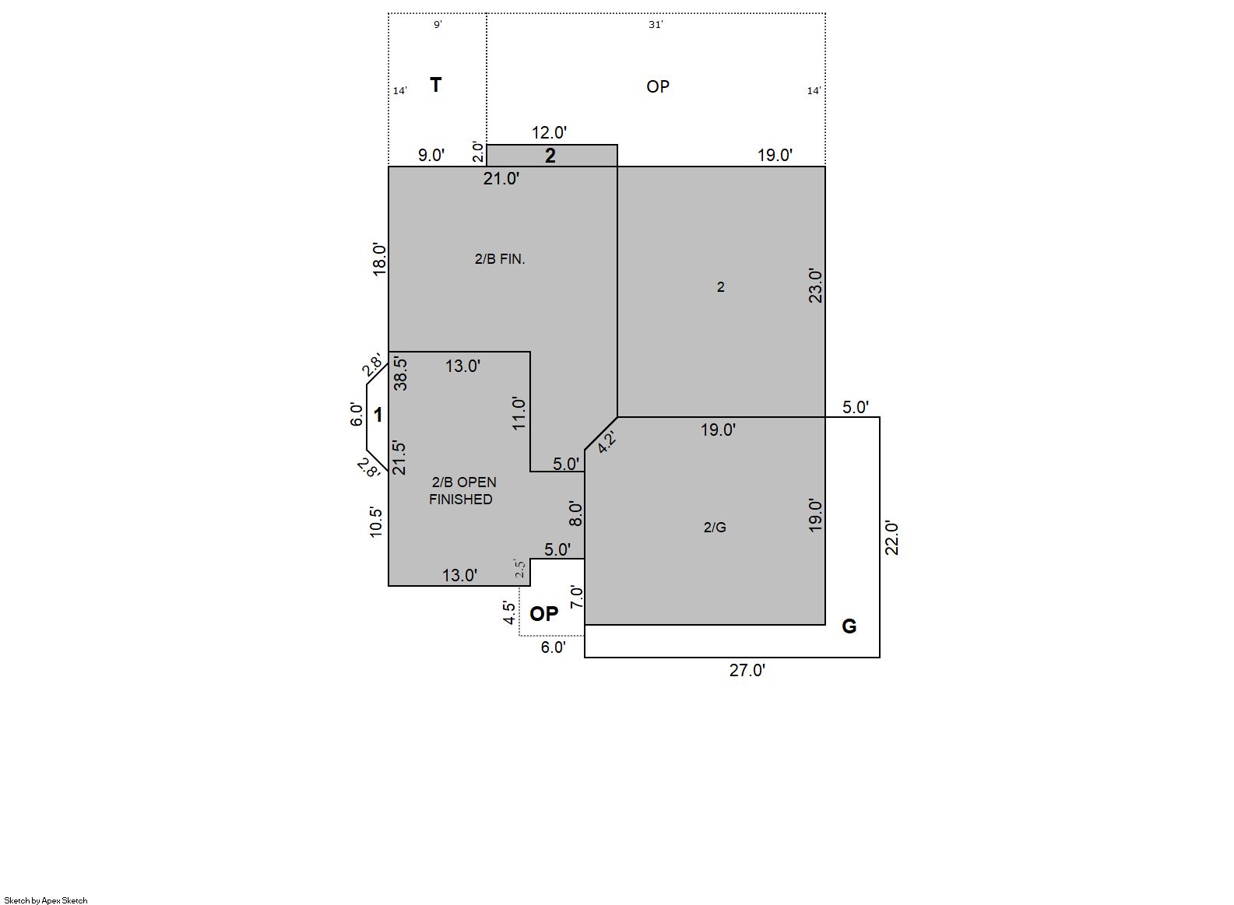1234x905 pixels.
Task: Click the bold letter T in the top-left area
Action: pyautogui.click(x=435, y=86)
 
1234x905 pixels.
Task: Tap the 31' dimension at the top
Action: pyautogui.click(x=656, y=25)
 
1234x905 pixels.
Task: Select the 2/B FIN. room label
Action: pyautogui.click(x=500, y=258)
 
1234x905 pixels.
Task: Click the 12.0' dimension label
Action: pyautogui.click(x=549, y=132)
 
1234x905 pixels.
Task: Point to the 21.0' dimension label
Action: pyautogui.click(x=501, y=178)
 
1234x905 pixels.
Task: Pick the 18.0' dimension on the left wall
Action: pyautogui.click(x=379, y=258)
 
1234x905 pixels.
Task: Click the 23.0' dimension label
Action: pyautogui.click(x=815, y=286)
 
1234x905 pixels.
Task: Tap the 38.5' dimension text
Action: pyautogui.click(x=401, y=374)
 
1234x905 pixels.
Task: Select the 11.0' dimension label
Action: pyautogui.click(x=519, y=413)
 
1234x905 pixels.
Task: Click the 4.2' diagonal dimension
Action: pyautogui.click(x=606, y=442)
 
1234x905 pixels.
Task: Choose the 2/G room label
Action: pyautogui.click(x=715, y=528)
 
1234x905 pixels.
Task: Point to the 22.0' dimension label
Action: pyautogui.click(x=891, y=538)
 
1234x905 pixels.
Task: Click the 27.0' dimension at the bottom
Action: pyautogui.click(x=747, y=670)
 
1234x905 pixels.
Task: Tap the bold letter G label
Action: pyautogui.click(x=849, y=626)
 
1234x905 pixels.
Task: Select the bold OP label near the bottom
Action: pyautogui.click(x=543, y=614)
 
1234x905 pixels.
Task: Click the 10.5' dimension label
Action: pyautogui.click(x=376, y=522)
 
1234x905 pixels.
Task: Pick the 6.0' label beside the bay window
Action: pyautogui.click(x=357, y=415)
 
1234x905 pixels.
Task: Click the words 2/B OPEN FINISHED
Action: pyautogui.click(x=462, y=490)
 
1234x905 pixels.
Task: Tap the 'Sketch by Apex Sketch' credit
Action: pyautogui.click(x=46, y=900)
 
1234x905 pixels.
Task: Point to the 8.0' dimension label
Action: pyautogui.click(x=575, y=514)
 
